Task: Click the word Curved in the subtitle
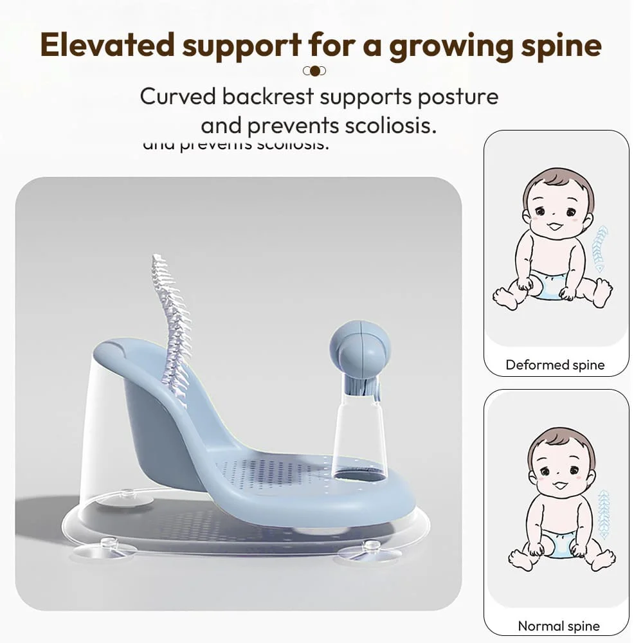click(x=178, y=97)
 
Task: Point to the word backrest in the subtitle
click(x=268, y=97)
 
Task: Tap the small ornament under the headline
click(x=314, y=71)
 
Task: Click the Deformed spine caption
click(x=555, y=365)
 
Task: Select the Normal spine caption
click(x=558, y=626)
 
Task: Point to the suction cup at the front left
click(x=107, y=547)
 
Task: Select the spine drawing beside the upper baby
click(x=599, y=248)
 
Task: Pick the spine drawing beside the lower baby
click(x=602, y=512)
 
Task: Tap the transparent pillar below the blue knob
click(x=360, y=437)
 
